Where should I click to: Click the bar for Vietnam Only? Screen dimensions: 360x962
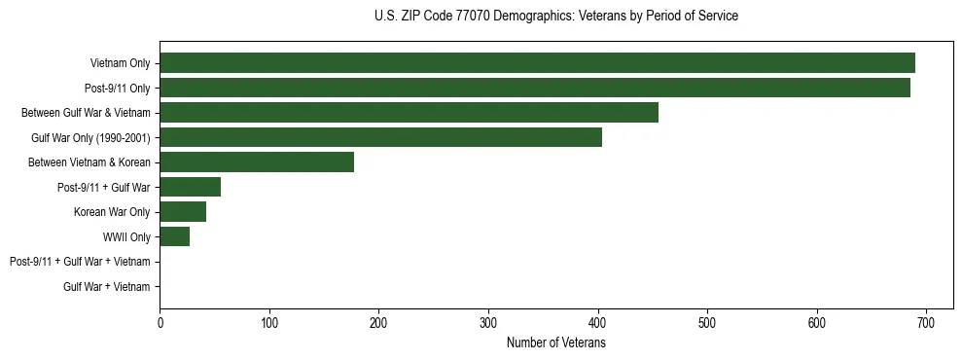(x=537, y=63)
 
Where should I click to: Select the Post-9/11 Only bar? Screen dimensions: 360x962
(x=535, y=88)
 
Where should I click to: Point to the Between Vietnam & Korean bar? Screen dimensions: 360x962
(x=257, y=162)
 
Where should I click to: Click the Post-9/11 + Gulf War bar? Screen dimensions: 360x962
(x=190, y=187)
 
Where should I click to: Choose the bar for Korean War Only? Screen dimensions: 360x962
(x=183, y=212)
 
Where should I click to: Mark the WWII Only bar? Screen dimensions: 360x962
(x=174, y=236)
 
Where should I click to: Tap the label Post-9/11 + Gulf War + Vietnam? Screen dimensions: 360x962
(x=80, y=262)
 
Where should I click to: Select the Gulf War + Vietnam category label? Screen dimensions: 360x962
(x=106, y=287)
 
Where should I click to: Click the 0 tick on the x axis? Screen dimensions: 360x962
(x=160, y=322)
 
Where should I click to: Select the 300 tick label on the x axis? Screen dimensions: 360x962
(x=488, y=322)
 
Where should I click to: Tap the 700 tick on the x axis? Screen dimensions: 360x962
(x=926, y=322)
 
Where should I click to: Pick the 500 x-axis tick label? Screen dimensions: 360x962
(x=707, y=322)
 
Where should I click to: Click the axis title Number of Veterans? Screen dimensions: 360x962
(x=555, y=342)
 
